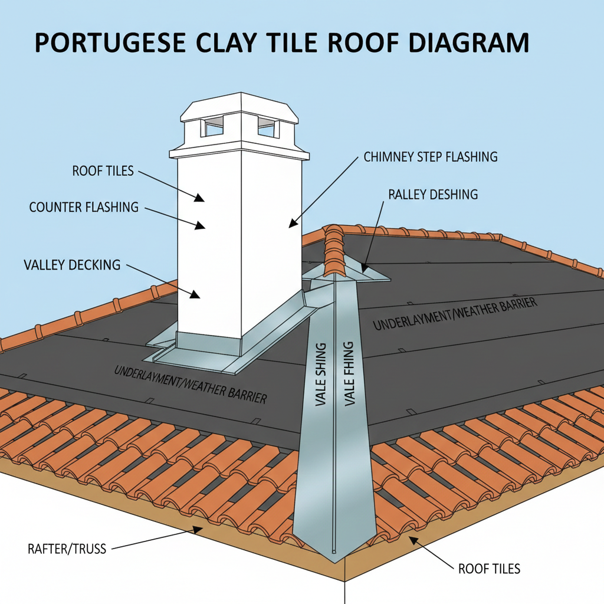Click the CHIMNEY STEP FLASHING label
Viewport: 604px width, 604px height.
(431, 157)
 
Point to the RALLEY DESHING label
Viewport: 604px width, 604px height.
(433, 194)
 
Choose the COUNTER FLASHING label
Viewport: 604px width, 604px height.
(84, 207)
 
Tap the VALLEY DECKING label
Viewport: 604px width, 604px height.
(72, 265)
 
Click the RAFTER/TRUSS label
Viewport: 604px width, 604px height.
(67, 549)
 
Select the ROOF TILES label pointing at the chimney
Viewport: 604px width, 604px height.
(103, 172)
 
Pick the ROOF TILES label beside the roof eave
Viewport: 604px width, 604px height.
(489, 569)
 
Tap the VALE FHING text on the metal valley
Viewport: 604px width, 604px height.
(349, 374)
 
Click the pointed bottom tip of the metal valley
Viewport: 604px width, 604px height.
(334, 554)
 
